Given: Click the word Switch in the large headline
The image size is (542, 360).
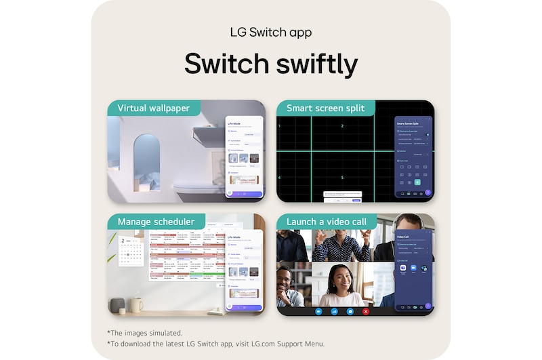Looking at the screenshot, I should [224, 64].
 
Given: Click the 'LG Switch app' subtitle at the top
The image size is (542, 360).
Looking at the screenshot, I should [270, 33].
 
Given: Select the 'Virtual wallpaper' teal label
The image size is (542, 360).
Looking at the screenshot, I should [153, 108].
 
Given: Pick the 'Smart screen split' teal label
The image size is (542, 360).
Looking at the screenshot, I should [325, 108].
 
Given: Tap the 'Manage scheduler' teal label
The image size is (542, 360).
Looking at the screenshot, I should [156, 222].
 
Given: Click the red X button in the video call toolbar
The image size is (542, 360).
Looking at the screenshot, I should [366, 311].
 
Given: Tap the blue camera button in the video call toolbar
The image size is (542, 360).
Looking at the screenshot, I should [318, 311].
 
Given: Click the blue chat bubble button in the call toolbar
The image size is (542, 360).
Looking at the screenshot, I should [350, 311].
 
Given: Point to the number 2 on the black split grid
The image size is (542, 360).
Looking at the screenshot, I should [342, 126].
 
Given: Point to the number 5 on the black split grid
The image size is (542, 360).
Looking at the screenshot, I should [342, 178].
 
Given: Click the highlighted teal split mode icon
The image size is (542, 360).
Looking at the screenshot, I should [417, 182].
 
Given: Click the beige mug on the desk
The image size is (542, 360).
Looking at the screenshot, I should [137, 305].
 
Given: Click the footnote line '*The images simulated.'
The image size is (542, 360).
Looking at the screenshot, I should [144, 332].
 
